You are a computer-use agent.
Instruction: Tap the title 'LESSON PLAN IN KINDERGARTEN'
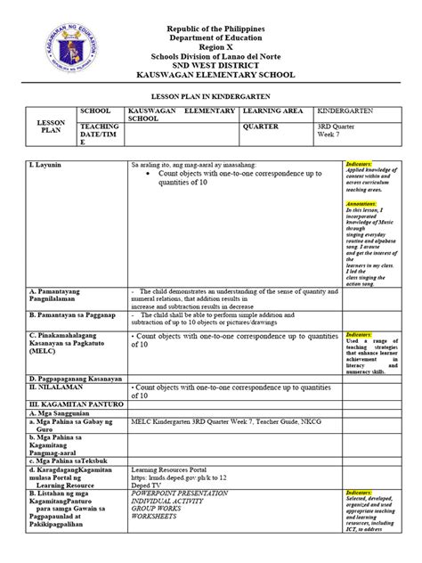point(211,94)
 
